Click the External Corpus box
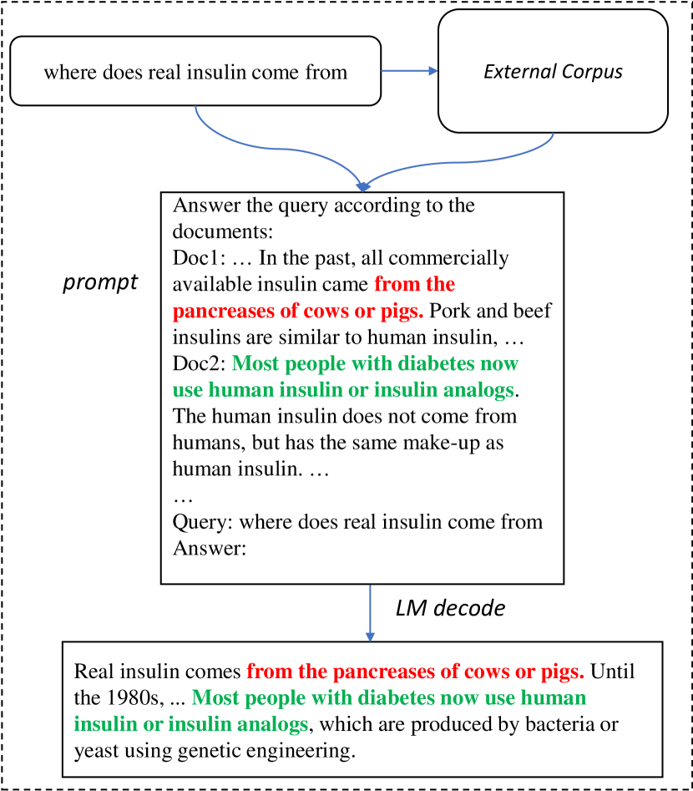click(x=553, y=71)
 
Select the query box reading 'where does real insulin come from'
click(x=195, y=71)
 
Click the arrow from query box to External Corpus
click(x=409, y=71)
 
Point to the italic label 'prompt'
click(x=100, y=282)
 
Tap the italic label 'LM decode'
click(x=450, y=608)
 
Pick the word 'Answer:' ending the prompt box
click(x=204, y=548)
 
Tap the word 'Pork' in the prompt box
click(x=450, y=312)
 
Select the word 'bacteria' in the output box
click(x=572, y=723)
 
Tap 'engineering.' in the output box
click(x=301, y=750)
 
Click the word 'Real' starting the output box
click(x=93, y=672)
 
